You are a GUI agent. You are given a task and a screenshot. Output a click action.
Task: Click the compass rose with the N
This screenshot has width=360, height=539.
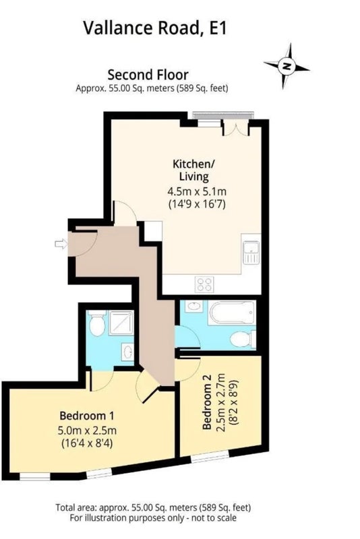(x=287, y=65)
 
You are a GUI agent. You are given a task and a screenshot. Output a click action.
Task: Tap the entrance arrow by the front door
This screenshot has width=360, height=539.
(x=61, y=244)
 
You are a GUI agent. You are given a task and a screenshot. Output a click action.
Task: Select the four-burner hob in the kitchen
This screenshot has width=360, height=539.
(x=204, y=284)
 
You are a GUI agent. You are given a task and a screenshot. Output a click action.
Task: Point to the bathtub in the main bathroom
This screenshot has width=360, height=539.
(x=232, y=313)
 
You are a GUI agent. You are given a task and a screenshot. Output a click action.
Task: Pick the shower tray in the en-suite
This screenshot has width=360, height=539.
(x=121, y=323)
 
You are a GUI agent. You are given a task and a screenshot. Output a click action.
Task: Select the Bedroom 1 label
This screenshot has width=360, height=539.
(x=87, y=416)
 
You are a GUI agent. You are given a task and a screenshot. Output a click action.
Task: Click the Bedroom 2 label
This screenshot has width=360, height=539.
(x=207, y=406)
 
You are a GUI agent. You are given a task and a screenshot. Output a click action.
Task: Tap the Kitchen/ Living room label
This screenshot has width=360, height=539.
(x=193, y=170)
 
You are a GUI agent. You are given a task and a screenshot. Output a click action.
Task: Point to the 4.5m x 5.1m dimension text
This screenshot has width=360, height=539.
(x=197, y=191)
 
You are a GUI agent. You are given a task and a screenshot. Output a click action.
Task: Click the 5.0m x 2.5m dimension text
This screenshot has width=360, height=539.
(x=87, y=430)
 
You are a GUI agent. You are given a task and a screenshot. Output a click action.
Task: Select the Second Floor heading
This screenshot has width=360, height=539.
(x=148, y=75)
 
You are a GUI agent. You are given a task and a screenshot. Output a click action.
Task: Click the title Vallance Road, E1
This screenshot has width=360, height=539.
(x=155, y=28)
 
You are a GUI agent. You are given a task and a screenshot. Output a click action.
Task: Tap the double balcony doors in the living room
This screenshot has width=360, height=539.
(x=236, y=127)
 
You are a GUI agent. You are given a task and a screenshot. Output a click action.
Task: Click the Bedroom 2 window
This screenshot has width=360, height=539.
(x=210, y=457)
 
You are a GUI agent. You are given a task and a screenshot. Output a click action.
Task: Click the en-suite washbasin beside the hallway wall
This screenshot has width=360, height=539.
(x=127, y=352)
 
